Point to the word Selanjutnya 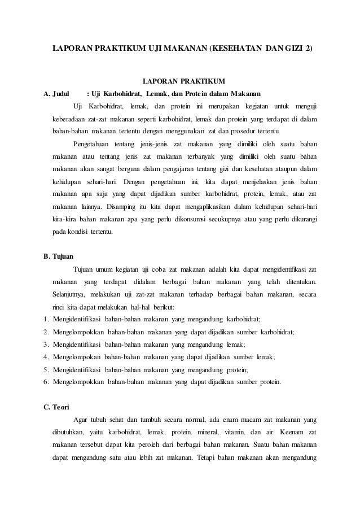coord(71,294)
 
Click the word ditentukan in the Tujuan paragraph coord(296,281)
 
